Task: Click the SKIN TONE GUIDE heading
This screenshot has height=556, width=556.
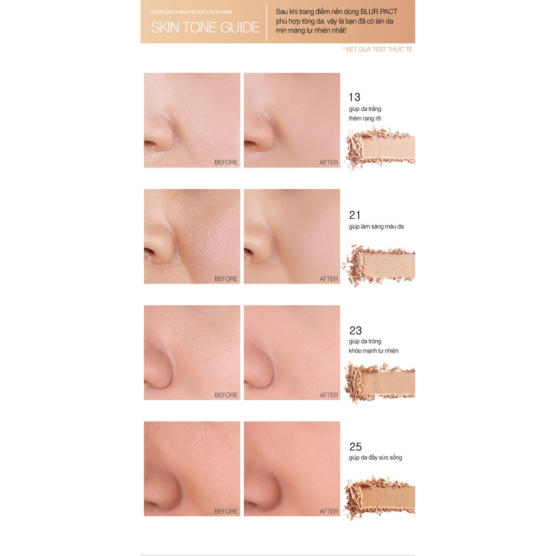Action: click(x=205, y=28)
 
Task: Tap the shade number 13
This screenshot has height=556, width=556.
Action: click(x=355, y=97)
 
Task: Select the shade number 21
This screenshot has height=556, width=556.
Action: click(x=355, y=215)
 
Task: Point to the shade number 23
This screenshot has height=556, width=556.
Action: click(x=355, y=331)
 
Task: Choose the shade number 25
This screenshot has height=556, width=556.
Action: click(x=355, y=447)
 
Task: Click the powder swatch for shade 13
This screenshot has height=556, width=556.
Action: click(x=381, y=147)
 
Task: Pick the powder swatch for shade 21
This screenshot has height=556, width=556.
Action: click(x=380, y=264)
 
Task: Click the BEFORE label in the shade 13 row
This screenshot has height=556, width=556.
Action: click(x=226, y=162)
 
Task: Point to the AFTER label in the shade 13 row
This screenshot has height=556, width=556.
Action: click(x=328, y=162)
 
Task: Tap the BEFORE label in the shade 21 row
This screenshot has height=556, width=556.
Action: click(x=226, y=279)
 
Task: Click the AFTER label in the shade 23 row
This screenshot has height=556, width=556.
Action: click(x=328, y=395)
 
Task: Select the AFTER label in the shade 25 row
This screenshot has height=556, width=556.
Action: click(x=328, y=511)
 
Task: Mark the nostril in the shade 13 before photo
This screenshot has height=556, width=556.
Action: click(x=149, y=143)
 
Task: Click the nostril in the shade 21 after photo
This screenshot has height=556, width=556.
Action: click(x=249, y=251)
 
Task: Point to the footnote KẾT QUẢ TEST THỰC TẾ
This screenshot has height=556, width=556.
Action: click(x=378, y=49)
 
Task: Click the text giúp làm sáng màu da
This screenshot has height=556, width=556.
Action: click(x=376, y=226)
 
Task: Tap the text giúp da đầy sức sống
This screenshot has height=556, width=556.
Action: click(x=375, y=458)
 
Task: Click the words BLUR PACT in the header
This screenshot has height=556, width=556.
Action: click(x=378, y=12)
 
